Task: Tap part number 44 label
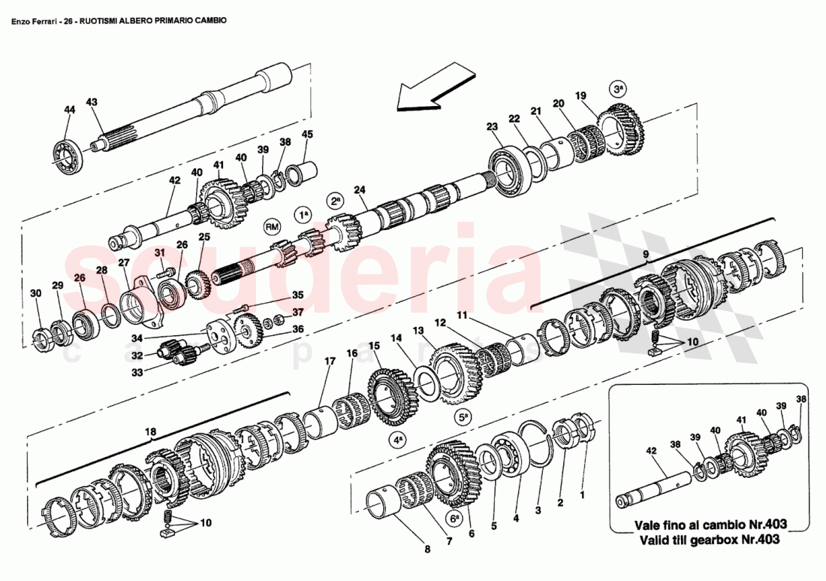pyautogui.click(x=69, y=110)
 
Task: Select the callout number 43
pyautogui.click(x=92, y=102)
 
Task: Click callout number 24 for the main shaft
pyautogui.click(x=360, y=191)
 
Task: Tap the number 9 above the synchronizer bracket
pyautogui.click(x=644, y=255)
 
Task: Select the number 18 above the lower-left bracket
pyautogui.click(x=151, y=432)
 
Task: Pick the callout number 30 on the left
pyautogui.click(x=35, y=292)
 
